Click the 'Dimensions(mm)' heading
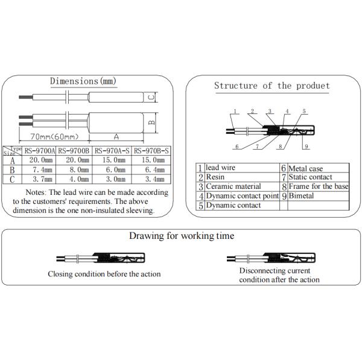pos(83,81)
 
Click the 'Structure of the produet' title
pos(272,86)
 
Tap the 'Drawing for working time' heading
pos(182,236)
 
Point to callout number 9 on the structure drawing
pos(307,147)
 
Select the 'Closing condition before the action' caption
pos(104,274)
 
